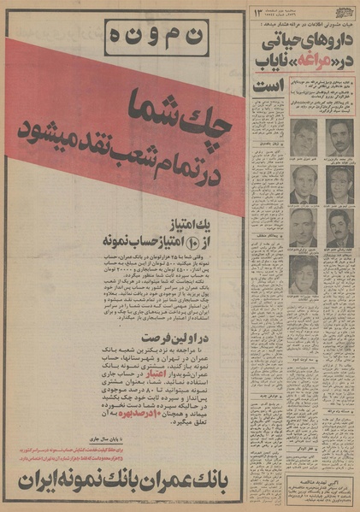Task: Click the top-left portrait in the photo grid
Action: pos(304,136)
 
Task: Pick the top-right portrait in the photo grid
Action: pos(339,136)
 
